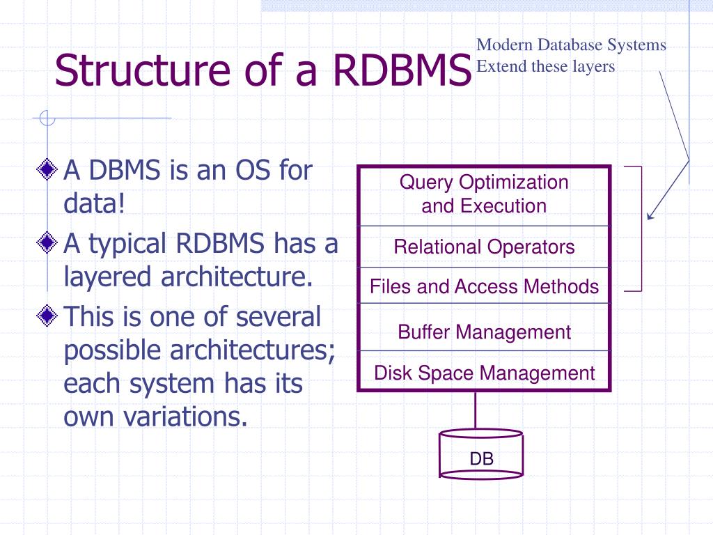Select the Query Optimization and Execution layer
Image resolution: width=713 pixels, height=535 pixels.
[484, 194]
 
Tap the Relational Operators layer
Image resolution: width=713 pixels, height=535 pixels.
[484, 247]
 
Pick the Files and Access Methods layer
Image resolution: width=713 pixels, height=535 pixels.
[484, 286]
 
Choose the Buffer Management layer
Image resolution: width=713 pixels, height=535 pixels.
[484, 332]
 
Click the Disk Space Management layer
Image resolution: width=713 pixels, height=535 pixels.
[484, 373]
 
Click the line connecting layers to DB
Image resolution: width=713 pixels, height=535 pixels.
[476, 411]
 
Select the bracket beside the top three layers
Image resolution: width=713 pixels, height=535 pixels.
[640, 228]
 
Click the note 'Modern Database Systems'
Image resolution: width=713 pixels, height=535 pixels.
[571, 46]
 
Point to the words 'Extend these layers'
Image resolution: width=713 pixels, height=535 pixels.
[546, 67]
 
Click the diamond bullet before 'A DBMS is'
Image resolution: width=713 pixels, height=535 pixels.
[47, 169]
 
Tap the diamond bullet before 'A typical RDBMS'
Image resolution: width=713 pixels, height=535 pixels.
[47, 243]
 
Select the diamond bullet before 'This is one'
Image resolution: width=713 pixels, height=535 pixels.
[47, 317]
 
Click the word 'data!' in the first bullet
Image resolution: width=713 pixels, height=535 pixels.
[94, 204]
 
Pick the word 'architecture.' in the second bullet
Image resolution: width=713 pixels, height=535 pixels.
[237, 277]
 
